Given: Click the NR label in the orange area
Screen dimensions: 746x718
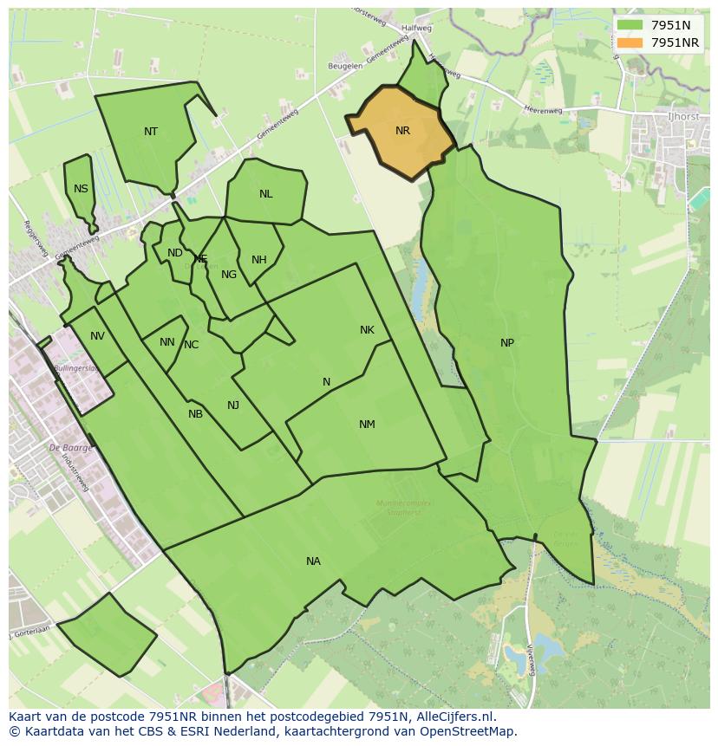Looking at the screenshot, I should (x=402, y=131).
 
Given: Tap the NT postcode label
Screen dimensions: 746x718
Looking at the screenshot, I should (x=151, y=132).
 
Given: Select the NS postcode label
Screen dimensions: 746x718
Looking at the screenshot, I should (x=81, y=189).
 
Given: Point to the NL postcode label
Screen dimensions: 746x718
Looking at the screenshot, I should (x=265, y=194).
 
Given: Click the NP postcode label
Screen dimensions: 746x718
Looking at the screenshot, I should (x=507, y=343).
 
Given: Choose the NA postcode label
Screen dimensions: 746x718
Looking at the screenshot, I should (x=313, y=561).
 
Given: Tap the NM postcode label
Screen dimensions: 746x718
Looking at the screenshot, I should (x=367, y=425).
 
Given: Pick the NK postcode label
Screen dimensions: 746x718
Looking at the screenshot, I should (x=367, y=330).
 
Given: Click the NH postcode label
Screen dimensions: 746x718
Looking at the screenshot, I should (x=258, y=260).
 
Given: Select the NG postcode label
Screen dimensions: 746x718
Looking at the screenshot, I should (x=229, y=275).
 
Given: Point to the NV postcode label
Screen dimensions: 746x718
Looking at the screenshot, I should (x=97, y=336).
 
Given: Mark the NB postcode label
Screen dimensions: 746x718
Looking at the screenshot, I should (x=195, y=414).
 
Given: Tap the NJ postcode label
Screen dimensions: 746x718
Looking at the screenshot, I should (x=233, y=405).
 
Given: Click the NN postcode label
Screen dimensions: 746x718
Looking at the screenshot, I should (x=167, y=342).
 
